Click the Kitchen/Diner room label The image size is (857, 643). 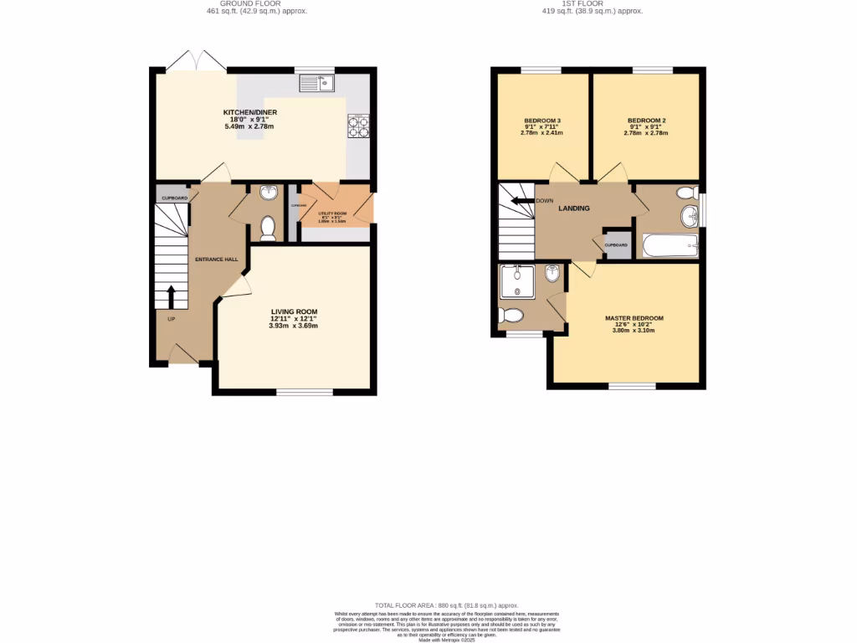click(x=249, y=112)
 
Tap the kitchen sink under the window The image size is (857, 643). click(x=316, y=82)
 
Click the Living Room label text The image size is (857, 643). click(x=293, y=311)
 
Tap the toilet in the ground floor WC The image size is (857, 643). click(x=269, y=227)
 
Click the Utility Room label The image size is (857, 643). click(x=332, y=213)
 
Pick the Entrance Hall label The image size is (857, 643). click(x=216, y=260)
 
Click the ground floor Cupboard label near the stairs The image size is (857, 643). click(x=174, y=198)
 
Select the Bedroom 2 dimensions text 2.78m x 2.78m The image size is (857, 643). click(x=645, y=133)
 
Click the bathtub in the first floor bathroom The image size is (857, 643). click(x=669, y=245)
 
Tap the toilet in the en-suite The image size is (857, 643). click(x=511, y=316)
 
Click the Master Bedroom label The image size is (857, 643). click(x=634, y=318)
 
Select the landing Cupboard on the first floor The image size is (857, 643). click(x=617, y=245)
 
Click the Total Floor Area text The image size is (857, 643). click(x=446, y=605)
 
